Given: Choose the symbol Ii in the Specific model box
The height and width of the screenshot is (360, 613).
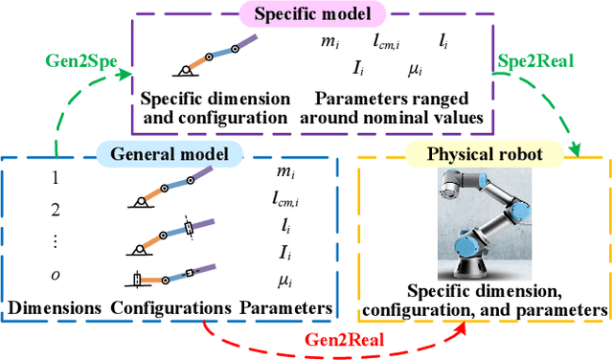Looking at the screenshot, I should pos(362,68).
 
